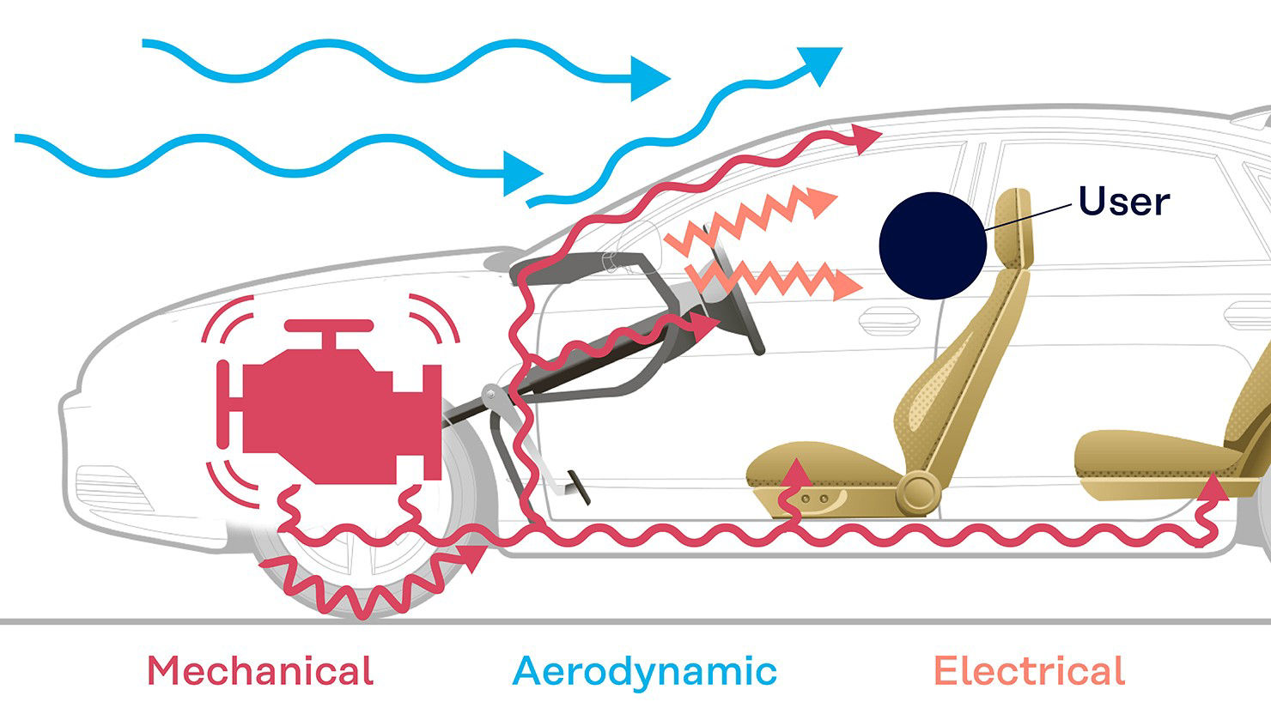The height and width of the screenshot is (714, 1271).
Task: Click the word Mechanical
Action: [260, 671]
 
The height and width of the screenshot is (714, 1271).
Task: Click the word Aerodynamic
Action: [644, 673]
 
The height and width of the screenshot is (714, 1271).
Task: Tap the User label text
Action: [1124, 202]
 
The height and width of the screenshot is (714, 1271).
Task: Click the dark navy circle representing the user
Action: [933, 245]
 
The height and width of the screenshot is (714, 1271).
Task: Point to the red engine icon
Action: [329, 402]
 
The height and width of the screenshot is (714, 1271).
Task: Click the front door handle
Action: [889, 321]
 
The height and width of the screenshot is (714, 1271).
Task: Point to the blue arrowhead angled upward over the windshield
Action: [820, 64]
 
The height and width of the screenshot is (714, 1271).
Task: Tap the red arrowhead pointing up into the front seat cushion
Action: [798, 472]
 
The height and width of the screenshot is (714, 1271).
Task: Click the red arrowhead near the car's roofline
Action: [867, 139]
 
